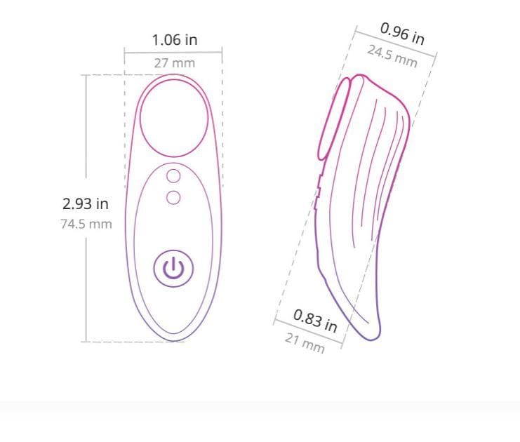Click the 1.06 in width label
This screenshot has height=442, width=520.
[x=175, y=40]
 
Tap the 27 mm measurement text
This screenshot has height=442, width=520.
[x=175, y=63]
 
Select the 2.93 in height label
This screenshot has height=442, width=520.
[x=86, y=203]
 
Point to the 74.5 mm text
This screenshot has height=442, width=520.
[x=86, y=224]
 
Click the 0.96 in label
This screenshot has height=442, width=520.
[x=402, y=34]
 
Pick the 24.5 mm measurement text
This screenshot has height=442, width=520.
[x=392, y=56]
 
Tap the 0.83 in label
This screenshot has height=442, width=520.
[x=315, y=321]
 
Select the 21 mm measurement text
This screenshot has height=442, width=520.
[x=305, y=343]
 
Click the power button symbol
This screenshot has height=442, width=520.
[x=173, y=268]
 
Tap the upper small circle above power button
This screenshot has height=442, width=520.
[x=173, y=176]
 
